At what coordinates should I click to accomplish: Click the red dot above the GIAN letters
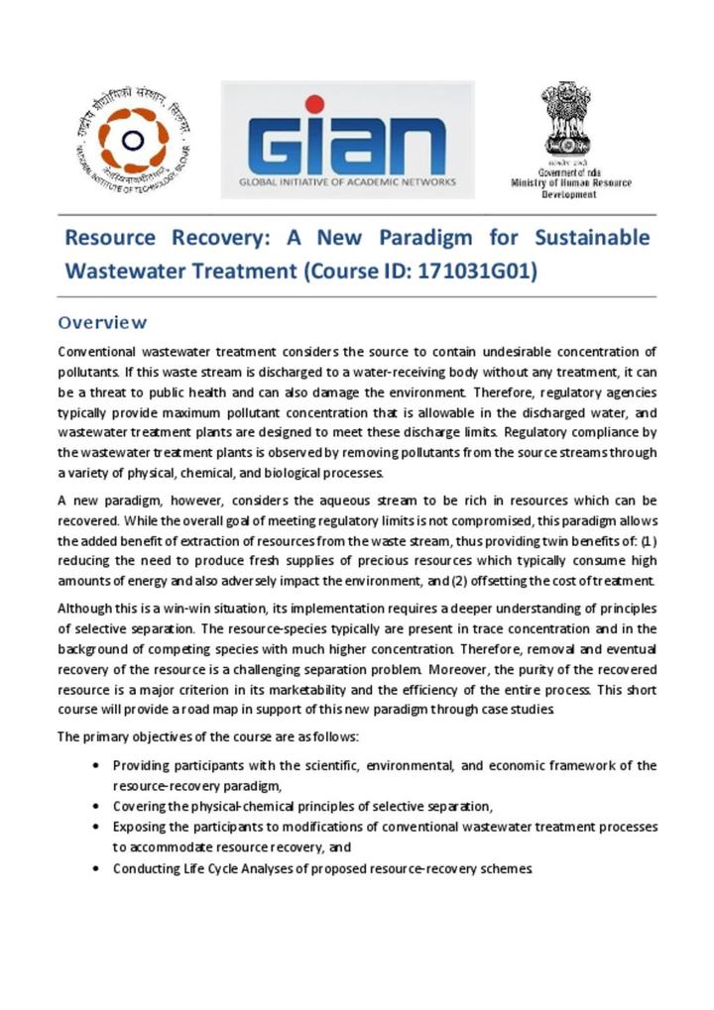click(314, 104)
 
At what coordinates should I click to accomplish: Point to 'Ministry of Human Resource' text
click(571, 183)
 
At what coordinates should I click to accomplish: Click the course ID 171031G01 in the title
click(477, 270)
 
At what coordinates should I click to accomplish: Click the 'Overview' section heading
click(102, 322)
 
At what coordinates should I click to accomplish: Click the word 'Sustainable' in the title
click(592, 238)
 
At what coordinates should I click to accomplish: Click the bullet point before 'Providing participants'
click(94, 766)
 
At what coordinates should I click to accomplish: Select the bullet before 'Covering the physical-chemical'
click(94, 807)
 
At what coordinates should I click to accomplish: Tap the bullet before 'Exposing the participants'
click(94, 827)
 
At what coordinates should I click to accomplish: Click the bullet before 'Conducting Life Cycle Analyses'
click(94, 868)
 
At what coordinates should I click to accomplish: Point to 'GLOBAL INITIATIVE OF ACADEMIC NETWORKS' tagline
click(347, 182)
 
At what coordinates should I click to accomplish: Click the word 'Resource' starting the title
click(110, 238)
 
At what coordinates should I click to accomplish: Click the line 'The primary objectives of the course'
click(208, 736)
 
